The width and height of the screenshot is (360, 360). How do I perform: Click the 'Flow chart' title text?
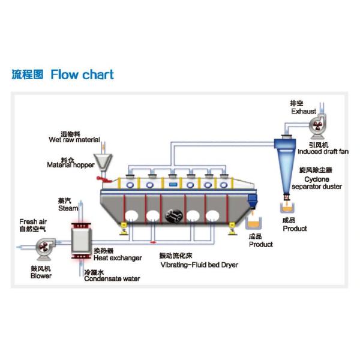pos(82,75)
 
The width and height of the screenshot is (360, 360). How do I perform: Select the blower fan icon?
pos(45,247)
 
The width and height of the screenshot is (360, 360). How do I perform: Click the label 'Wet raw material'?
pos(74,140)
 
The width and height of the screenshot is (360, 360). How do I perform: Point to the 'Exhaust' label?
pos(304,111)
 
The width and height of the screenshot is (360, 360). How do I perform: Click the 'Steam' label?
pos(68,208)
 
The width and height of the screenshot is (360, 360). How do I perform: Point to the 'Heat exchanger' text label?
pos(118,258)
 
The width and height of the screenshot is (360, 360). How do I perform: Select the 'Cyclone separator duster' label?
pos(317,182)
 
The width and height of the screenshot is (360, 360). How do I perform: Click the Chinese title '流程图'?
pos(28,75)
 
